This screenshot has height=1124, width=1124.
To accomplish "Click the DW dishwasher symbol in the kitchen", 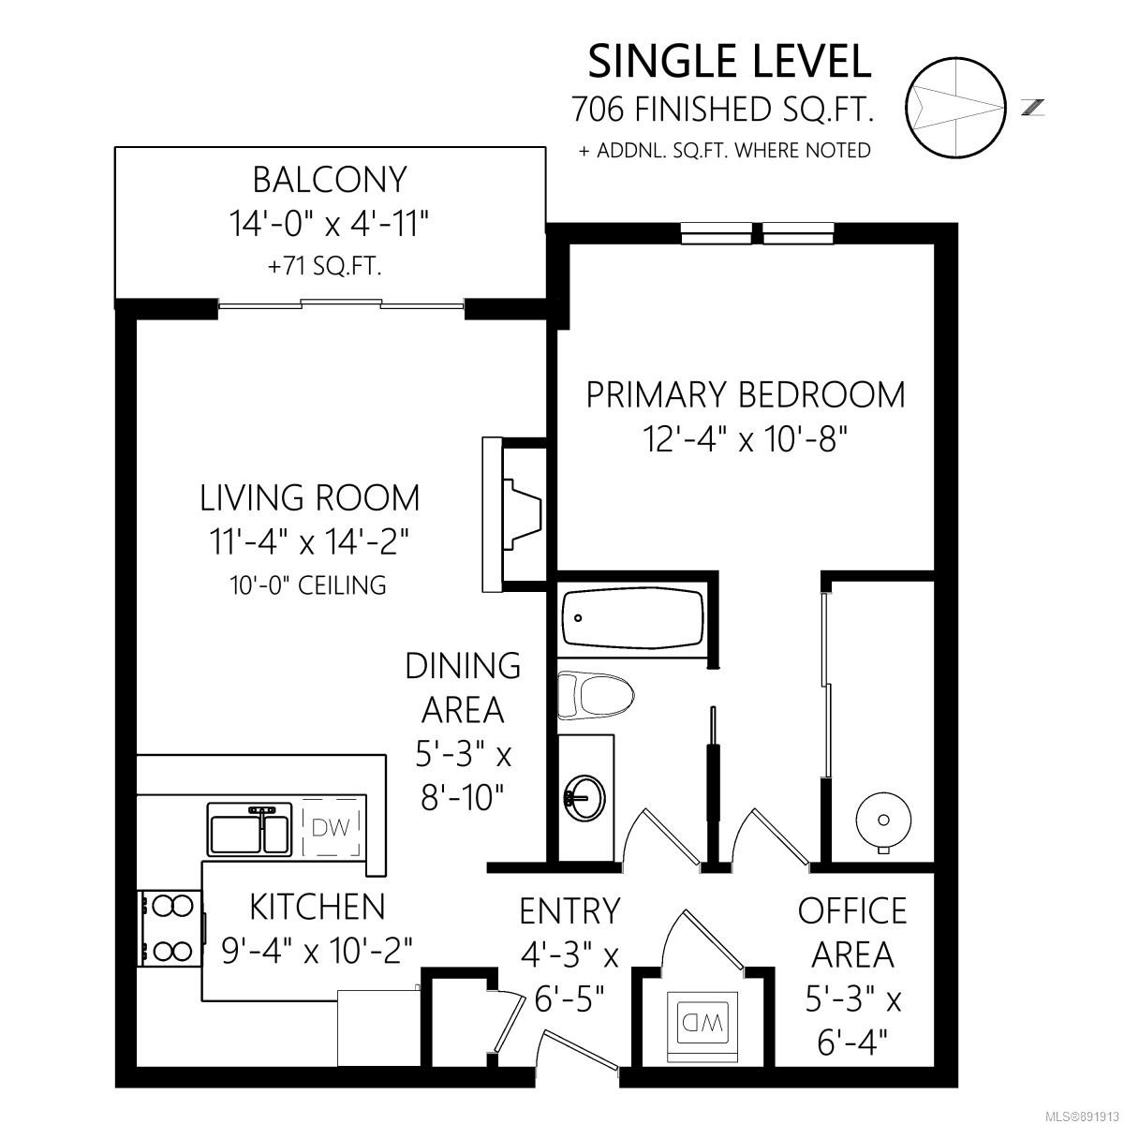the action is [331, 826].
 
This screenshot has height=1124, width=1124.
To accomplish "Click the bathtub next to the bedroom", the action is [633, 617].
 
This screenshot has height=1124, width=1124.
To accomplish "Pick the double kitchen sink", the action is [250, 828].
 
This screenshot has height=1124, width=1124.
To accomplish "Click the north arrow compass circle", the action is [956, 108].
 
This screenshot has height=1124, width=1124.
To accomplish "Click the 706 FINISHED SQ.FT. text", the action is [723, 109].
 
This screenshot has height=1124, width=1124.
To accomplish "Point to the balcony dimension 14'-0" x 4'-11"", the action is [330, 224].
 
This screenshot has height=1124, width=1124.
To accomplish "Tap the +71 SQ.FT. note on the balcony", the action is [325, 267].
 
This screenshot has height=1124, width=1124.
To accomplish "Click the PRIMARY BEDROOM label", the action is [746, 395].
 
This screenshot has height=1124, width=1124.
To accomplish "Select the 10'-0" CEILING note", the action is [308, 585].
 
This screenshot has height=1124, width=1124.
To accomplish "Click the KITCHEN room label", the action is [318, 907].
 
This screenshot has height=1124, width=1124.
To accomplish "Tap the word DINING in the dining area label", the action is [463, 666].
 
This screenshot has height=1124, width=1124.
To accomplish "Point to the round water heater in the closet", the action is [883, 821].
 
